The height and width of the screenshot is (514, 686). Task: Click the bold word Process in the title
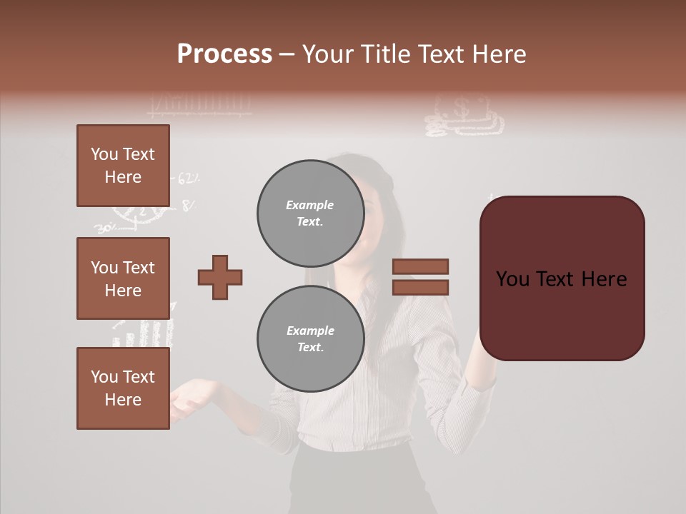[224, 54]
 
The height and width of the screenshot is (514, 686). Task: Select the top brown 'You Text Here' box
[123, 166]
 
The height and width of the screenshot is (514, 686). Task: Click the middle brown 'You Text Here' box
[123, 278]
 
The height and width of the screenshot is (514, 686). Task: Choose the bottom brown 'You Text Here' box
[123, 388]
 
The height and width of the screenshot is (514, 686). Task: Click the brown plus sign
[220, 277]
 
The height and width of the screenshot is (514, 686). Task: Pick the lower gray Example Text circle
[310, 338]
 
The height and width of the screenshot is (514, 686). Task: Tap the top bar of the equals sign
[420, 266]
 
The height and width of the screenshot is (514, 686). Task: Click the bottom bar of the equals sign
[420, 287]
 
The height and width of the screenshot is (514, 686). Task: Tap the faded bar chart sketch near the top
[200, 105]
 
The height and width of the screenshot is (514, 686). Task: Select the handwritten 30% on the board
[105, 229]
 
